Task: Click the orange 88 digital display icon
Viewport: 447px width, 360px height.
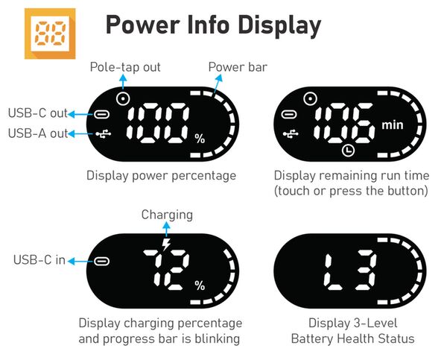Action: pyautogui.click(x=50, y=34)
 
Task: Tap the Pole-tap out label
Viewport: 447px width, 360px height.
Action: pyautogui.click(x=125, y=67)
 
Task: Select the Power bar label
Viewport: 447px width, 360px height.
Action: pyautogui.click(x=238, y=67)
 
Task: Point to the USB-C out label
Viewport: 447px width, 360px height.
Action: pyautogui.click(x=38, y=113)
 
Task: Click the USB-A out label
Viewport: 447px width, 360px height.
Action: pyautogui.click(x=38, y=133)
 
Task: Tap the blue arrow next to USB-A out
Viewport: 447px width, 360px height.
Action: pyautogui.click(x=82, y=133)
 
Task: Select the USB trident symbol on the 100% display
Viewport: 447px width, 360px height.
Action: pyautogui.click(x=104, y=133)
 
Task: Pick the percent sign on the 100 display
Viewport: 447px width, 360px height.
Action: pyautogui.click(x=200, y=139)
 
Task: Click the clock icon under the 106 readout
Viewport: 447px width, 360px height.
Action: pyautogui.click(x=348, y=150)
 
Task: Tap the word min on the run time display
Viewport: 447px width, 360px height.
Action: pyautogui.click(x=393, y=125)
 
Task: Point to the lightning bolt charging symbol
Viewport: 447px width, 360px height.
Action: pyautogui.click(x=166, y=244)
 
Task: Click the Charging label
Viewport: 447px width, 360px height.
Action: pyautogui.click(x=167, y=215)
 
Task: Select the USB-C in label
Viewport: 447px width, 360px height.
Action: pyautogui.click(x=39, y=260)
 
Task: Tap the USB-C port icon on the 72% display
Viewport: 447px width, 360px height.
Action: pyautogui.click(x=102, y=261)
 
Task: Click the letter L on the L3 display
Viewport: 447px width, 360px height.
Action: pyautogui.click(x=333, y=272)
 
